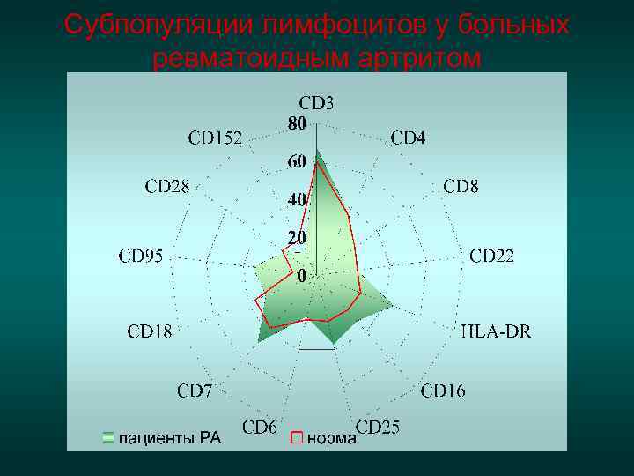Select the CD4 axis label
click(408, 138)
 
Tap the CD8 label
click(461, 187)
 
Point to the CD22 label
click(491, 257)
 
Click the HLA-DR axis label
click(497, 332)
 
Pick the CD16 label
click(443, 390)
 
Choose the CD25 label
click(378, 428)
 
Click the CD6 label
click(260, 428)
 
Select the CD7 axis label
click(195, 390)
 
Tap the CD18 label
click(150, 332)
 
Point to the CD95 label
click(141, 257)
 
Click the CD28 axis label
click(167, 187)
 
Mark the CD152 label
click(215, 138)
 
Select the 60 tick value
click(296, 162)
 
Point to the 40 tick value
click(296, 200)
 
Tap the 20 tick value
click(296, 239)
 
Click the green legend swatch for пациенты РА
click(108, 436)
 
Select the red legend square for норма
click(297, 436)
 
